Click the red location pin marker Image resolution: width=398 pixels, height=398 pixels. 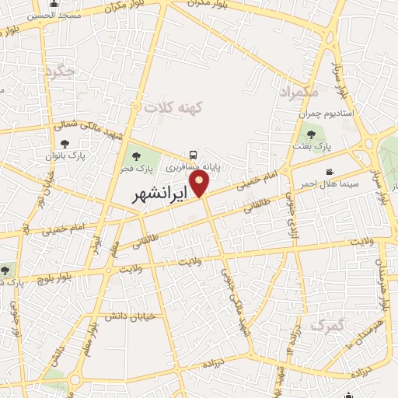pyautogui.click(x=200, y=183)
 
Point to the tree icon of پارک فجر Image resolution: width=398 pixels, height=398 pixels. pyautogui.click(x=137, y=156)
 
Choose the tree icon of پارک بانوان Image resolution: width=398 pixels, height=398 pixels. pyautogui.click(x=64, y=142)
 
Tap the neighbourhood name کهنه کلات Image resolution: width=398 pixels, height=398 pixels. pyautogui.click(x=173, y=109)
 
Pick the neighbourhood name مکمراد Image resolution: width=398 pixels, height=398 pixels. pyautogui.click(x=298, y=92)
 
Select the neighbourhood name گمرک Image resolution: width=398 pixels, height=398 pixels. pyautogui.click(x=326, y=325)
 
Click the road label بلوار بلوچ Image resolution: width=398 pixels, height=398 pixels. pyautogui.click(x=55, y=276)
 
